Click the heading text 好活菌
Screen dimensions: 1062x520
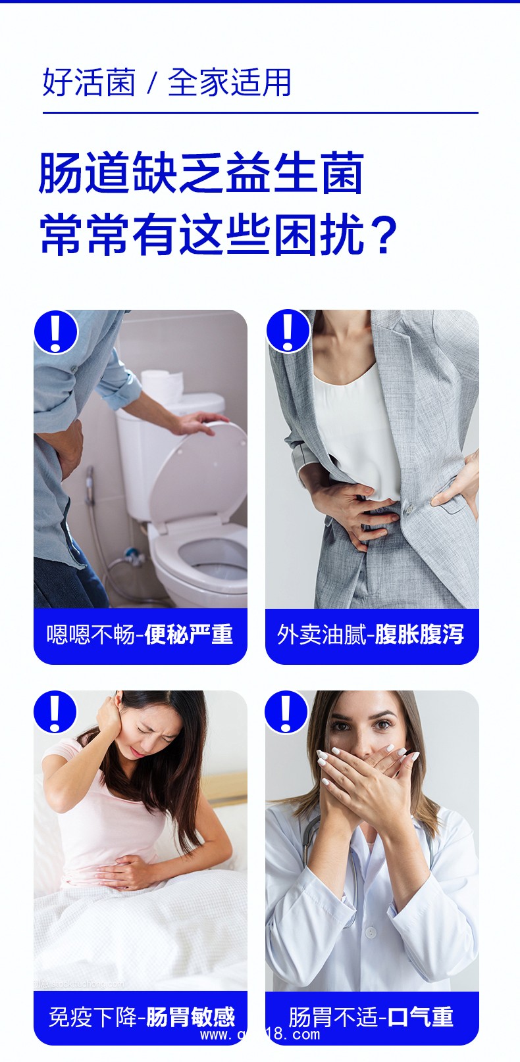pos(88,83)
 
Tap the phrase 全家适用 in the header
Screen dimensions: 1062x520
pos(229,83)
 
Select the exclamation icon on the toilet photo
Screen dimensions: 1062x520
pos(56,332)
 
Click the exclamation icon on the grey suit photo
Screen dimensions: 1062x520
pos(288,331)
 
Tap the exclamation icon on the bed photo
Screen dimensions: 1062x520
pos(55,712)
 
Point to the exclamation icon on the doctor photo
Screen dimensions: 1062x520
pos(286,712)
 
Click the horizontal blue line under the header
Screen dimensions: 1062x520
pos(260,113)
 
